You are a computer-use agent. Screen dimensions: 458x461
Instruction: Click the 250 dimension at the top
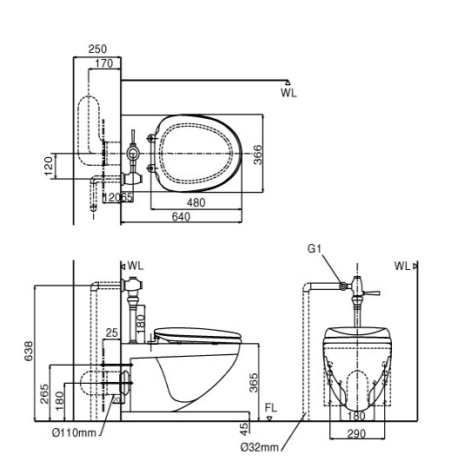[97, 49]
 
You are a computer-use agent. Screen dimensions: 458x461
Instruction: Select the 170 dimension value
[104, 63]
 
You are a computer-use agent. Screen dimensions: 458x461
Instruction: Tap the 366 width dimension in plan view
[257, 155]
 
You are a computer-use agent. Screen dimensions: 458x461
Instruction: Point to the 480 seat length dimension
[196, 202]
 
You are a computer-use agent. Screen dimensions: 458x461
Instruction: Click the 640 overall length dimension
[181, 217]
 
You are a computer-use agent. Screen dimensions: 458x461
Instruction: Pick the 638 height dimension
[29, 351]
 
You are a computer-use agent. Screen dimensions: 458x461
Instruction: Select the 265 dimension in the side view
[44, 393]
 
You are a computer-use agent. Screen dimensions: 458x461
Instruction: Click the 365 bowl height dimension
[254, 383]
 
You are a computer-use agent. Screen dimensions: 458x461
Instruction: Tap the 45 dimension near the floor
[244, 429]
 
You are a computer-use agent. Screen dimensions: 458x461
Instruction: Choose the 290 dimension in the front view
[356, 434]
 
